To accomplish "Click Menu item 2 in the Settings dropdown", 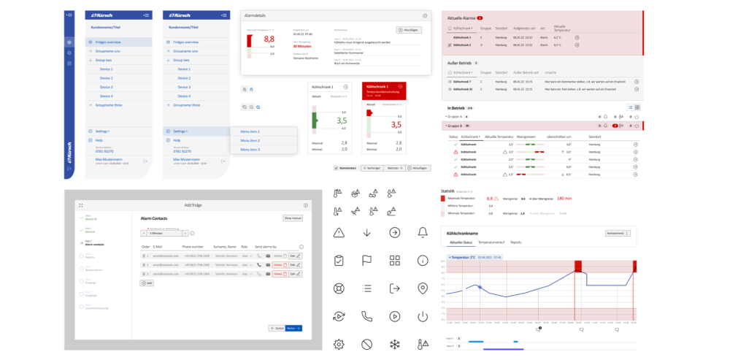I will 250,140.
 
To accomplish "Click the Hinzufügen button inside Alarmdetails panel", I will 410,30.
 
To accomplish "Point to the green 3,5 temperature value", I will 341,120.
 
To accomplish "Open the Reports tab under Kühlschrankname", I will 515,241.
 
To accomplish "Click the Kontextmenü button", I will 616,233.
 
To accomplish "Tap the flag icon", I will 366,261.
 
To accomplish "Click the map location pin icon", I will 422,288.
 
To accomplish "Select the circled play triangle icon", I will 394,316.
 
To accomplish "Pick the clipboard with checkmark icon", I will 338,261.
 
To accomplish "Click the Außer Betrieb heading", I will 460,63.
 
